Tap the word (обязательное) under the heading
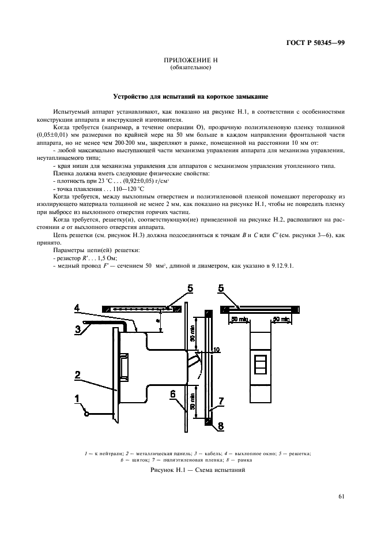(x=190, y=68)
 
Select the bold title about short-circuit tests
(x=190, y=96)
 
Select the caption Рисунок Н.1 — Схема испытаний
(x=190, y=470)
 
